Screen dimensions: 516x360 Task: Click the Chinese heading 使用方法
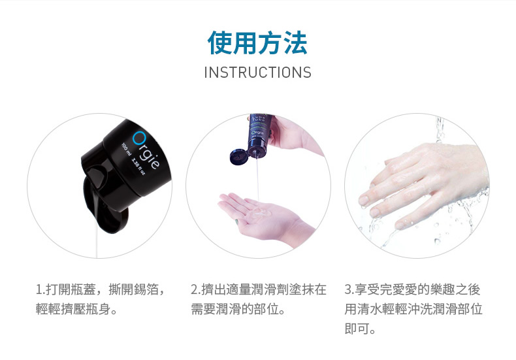257,42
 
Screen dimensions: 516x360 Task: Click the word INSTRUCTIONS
257,73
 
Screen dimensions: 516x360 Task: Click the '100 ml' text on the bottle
127,150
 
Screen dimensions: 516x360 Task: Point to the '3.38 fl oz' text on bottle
138,167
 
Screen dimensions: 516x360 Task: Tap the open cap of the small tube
239,157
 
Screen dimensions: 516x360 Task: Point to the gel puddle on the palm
259,212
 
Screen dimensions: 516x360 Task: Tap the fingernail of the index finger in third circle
364,200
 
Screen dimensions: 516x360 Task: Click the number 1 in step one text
39,289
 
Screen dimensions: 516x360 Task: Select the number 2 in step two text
195,289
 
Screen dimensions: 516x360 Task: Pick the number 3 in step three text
348,289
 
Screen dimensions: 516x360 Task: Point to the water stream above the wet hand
440,130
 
